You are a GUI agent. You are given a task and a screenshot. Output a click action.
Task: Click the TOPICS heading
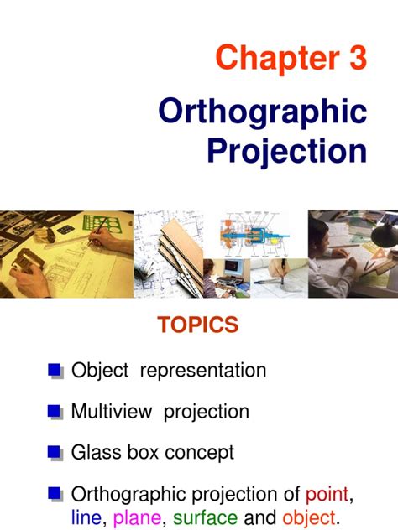tap(198, 325)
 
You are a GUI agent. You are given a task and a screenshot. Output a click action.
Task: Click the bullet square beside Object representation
tap(55, 370)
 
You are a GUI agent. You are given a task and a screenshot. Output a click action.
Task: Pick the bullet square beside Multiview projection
tap(55, 412)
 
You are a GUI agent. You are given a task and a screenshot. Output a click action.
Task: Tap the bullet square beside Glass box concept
tap(55, 453)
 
